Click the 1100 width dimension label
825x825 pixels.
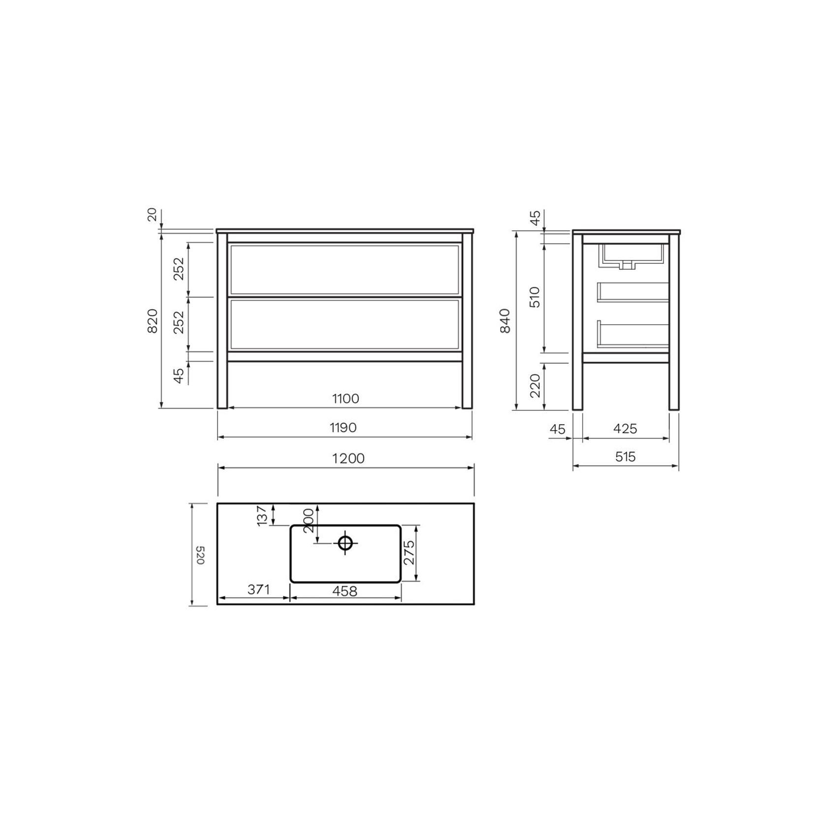point(346,398)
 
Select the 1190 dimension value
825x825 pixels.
point(343,428)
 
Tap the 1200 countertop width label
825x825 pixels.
point(348,458)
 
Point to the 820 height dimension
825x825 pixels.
point(153,320)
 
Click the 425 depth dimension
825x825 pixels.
point(625,429)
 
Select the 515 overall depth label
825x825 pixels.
point(625,457)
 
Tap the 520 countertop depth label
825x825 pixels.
point(200,555)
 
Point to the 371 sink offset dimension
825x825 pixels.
point(258,589)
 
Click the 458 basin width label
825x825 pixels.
point(345,591)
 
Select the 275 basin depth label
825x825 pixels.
point(409,553)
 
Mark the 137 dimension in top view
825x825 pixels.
point(262,515)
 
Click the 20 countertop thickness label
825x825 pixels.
point(152,215)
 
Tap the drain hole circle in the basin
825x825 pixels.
point(345,543)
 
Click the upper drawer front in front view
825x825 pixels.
point(345,270)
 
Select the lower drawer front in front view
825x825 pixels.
point(345,324)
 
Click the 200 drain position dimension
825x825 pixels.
point(309,521)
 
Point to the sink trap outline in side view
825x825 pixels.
point(626,265)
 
